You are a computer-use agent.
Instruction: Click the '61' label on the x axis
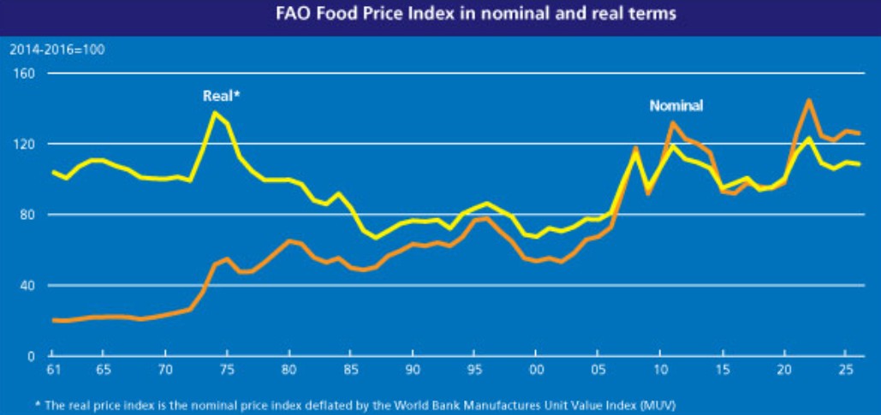53,370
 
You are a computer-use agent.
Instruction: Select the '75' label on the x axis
227,370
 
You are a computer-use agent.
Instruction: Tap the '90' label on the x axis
413,370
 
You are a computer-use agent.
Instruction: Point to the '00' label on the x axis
536,370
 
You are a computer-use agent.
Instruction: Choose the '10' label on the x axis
660,370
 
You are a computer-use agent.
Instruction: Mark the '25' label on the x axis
846,370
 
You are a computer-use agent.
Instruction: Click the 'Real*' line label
221,97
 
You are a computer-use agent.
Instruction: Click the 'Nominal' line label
676,106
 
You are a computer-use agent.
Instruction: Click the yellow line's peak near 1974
214,112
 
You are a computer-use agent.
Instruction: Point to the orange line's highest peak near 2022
808,100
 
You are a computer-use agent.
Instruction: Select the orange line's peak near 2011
673,122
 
